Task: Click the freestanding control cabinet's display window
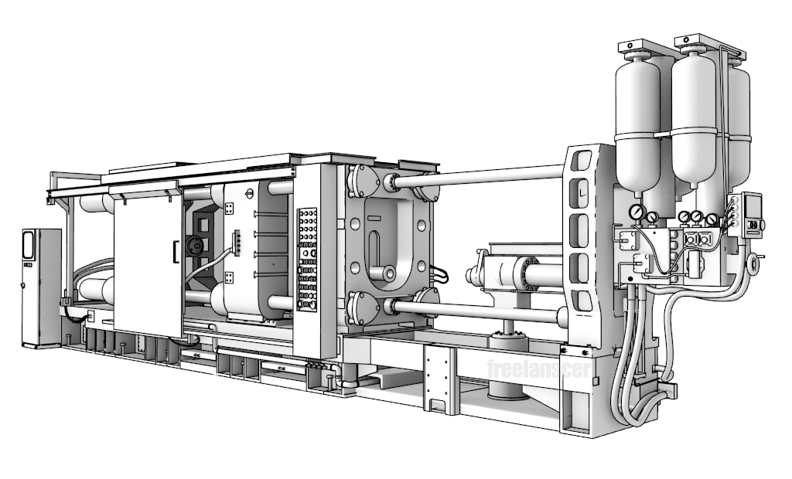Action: pyautogui.click(x=29, y=245)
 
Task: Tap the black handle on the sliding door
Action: pyautogui.click(x=176, y=252)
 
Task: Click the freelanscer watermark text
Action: pyautogui.click(x=539, y=369)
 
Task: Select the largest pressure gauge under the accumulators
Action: pyautogui.click(x=637, y=212)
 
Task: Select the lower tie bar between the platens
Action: pyautogui.click(x=478, y=311)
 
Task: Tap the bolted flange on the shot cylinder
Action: pyautogui.click(x=527, y=273)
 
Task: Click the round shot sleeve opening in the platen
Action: pyautogui.click(x=387, y=273)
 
